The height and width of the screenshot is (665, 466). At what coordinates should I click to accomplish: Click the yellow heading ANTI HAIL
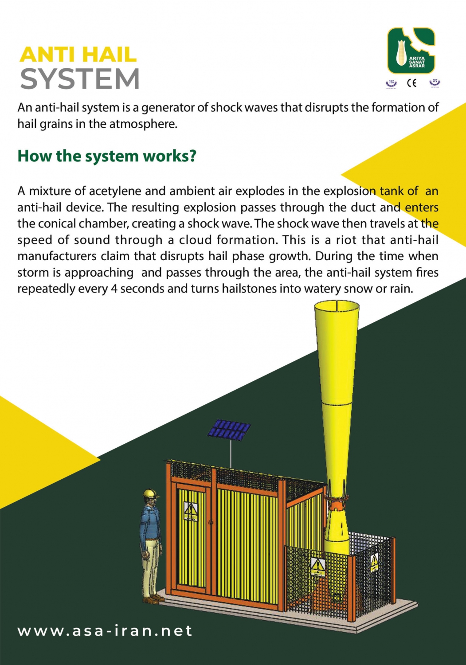click(78, 55)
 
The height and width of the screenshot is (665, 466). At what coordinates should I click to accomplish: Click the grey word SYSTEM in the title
click(80, 79)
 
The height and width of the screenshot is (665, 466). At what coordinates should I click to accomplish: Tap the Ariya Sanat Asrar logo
click(411, 51)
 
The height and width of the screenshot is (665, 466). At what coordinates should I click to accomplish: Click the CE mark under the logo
click(411, 83)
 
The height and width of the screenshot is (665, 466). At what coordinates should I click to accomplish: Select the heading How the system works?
click(106, 156)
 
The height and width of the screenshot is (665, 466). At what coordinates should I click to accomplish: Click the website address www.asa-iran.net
click(105, 630)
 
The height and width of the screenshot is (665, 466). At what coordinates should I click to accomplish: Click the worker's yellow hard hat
click(151, 493)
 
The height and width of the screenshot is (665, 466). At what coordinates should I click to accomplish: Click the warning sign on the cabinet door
click(191, 511)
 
